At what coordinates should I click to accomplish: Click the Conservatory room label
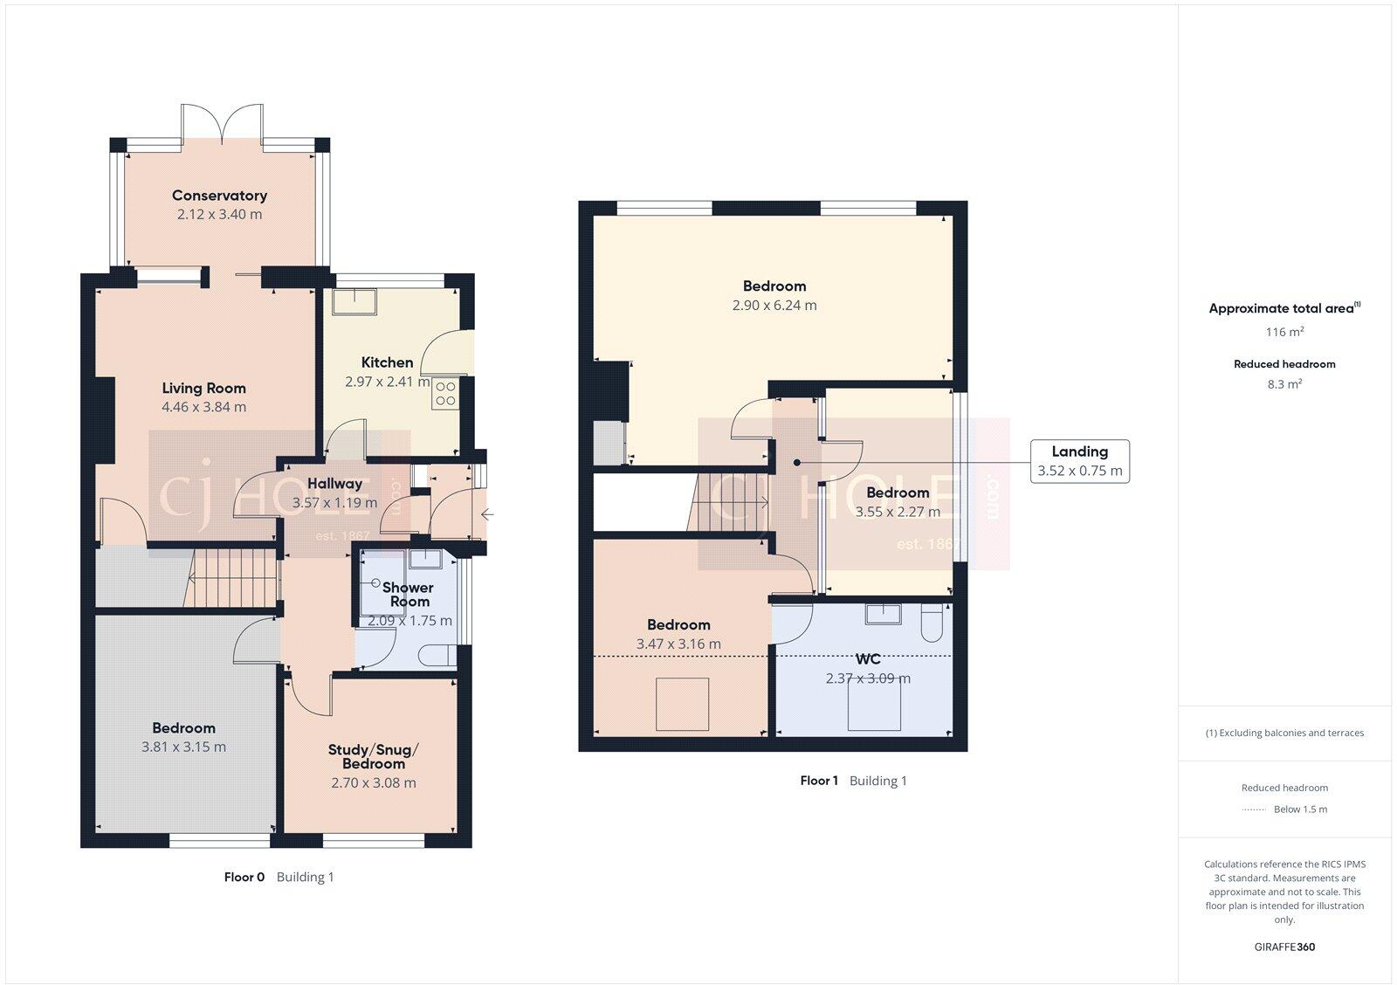click(219, 196)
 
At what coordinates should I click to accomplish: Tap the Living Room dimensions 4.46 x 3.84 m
click(203, 407)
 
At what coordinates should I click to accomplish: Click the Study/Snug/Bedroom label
click(373, 756)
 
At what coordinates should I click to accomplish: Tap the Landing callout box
click(1079, 461)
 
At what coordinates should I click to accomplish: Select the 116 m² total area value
click(1284, 332)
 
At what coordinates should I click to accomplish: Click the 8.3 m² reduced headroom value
click(1284, 383)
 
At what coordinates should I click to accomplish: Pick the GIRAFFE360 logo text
click(1284, 947)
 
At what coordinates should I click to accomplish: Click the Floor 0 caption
click(244, 877)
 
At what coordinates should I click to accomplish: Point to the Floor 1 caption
click(819, 781)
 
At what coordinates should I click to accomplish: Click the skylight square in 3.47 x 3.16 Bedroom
click(683, 704)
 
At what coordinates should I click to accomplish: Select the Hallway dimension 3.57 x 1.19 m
click(334, 503)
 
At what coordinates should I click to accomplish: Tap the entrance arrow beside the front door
click(487, 514)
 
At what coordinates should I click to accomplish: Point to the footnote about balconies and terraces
click(1284, 733)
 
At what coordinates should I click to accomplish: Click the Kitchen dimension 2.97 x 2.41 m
click(387, 382)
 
